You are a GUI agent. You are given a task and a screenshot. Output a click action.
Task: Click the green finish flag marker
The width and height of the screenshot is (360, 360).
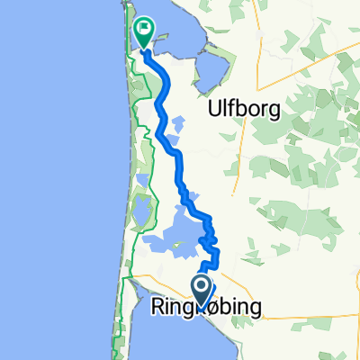click(144, 33)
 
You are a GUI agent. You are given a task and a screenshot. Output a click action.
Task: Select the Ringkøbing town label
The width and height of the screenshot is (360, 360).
click(205, 309)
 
